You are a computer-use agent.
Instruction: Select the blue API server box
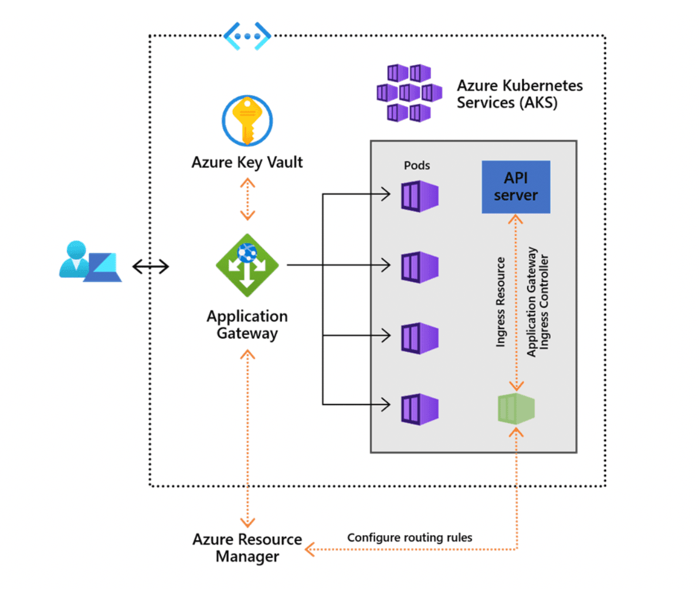click(515, 187)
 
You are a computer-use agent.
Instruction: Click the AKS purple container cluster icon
click(408, 92)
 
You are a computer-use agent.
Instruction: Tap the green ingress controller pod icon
click(515, 408)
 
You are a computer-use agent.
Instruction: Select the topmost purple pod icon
click(419, 195)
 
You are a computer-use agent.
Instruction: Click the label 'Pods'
click(416, 165)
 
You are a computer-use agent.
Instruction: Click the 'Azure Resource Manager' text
click(247, 547)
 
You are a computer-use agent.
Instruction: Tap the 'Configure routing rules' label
click(409, 537)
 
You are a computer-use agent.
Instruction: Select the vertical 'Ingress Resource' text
click(500, 302)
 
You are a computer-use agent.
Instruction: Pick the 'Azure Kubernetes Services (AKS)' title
click(520, 94)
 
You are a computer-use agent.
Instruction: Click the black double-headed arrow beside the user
click(150, 267)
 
